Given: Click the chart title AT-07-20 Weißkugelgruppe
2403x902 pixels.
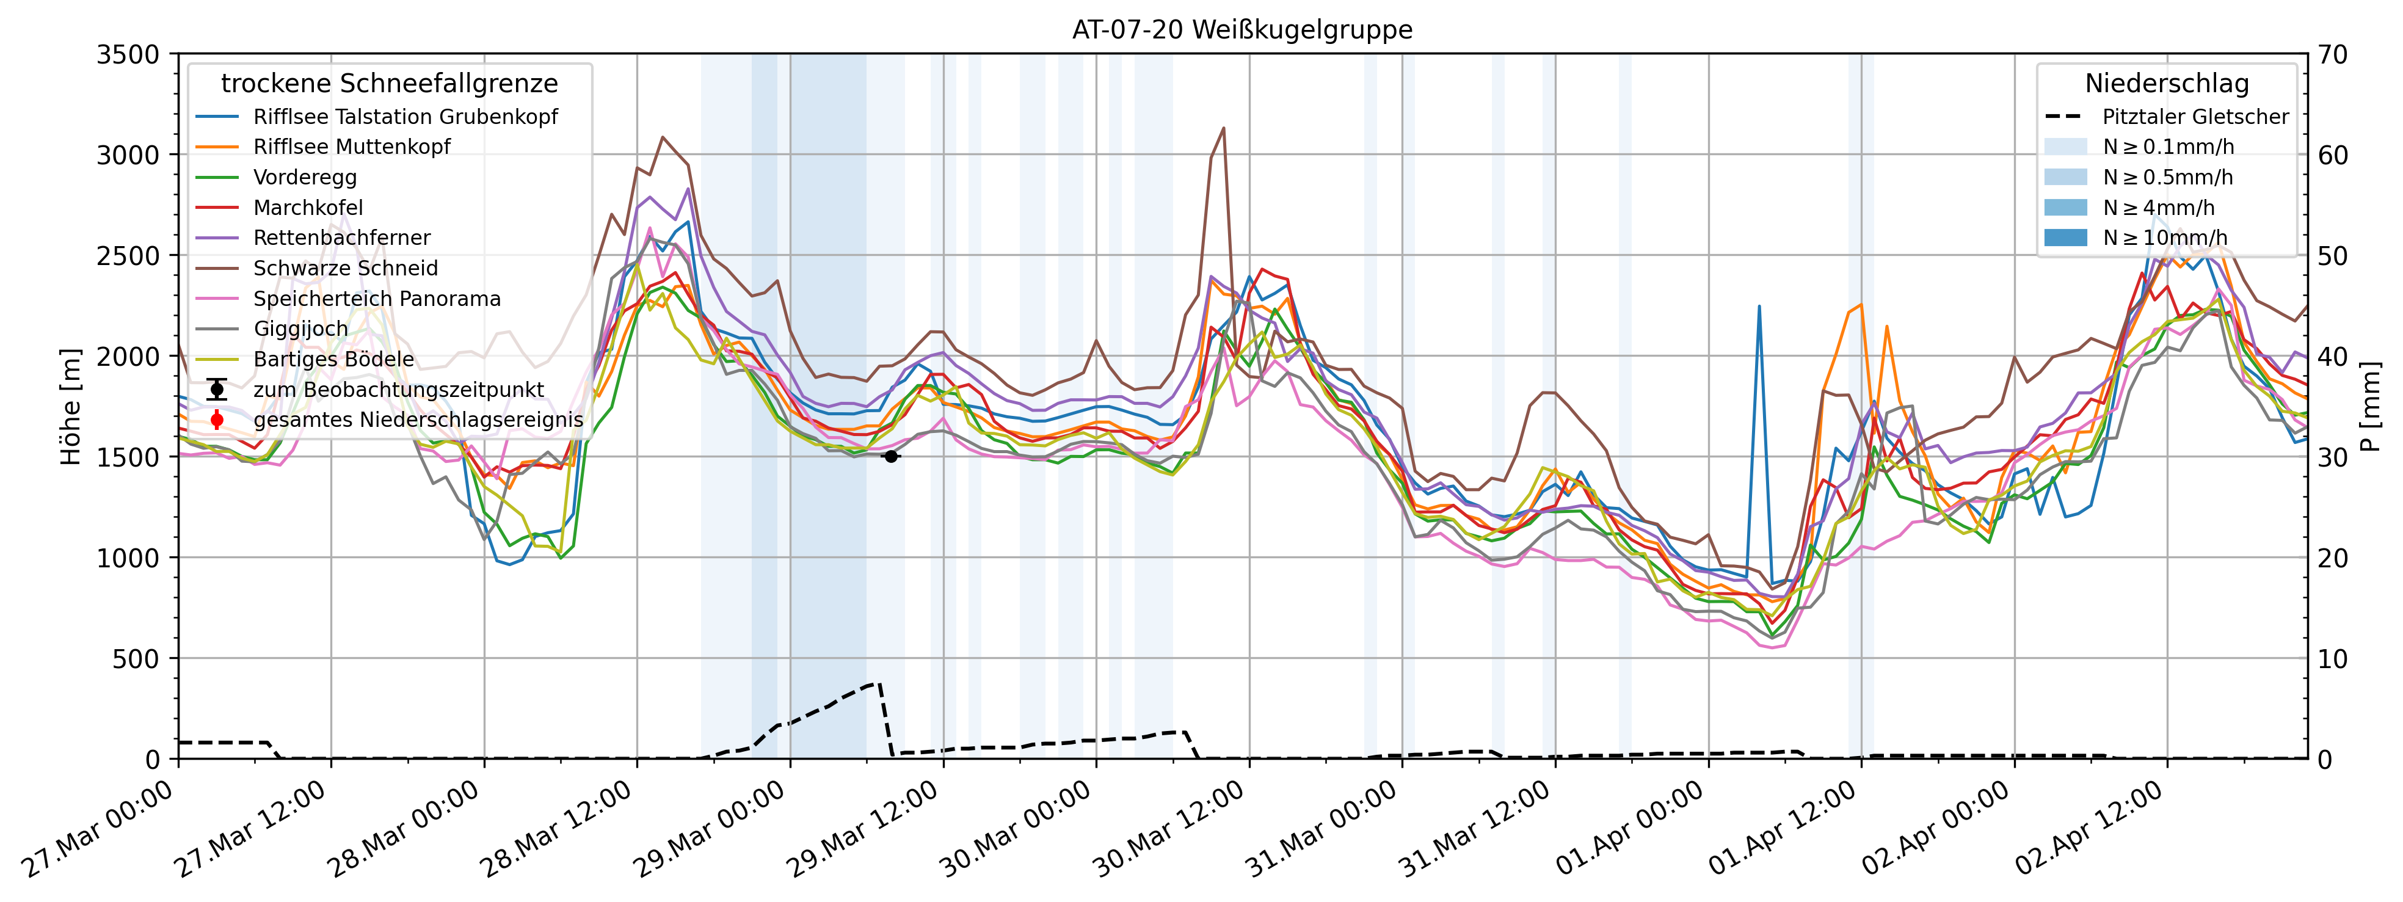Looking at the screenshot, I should [x=1241, y=30].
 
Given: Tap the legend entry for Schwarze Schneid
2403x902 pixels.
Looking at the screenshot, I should [x=345, y=269].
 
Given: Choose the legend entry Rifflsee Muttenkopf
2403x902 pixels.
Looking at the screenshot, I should [x=352, y=147].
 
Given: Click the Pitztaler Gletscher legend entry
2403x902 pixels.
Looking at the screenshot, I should [x=2195, y=117].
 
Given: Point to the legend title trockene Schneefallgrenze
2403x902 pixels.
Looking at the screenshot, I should [x=389, y=84].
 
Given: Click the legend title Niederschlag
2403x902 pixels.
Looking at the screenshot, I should [x=2166, y=84].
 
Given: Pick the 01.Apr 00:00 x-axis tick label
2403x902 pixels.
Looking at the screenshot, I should [x=1628, y=830].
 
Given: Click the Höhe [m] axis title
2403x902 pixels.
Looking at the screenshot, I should [x=71, y=407].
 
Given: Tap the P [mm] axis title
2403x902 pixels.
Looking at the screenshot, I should [x=2369, y=407].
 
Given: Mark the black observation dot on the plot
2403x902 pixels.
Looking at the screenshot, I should [x=891, y=456].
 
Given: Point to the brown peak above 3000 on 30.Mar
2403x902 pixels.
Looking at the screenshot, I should [x=1223, y=129].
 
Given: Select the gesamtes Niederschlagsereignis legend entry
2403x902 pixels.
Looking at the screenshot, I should [x=418, y=420].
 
